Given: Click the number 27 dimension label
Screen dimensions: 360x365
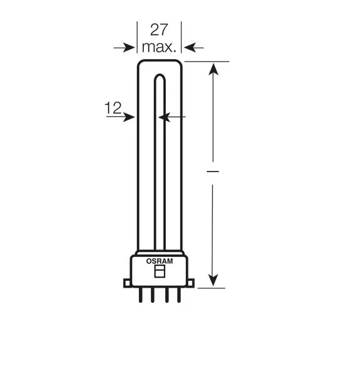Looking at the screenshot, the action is click(159, 30).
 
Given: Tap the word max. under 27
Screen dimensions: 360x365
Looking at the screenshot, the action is click(159, 47).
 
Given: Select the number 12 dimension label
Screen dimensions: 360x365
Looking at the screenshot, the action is click(113, 108).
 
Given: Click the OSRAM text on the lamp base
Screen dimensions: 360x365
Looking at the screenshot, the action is click(160, 261).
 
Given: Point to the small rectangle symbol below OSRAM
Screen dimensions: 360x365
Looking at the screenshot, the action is click(160, 271).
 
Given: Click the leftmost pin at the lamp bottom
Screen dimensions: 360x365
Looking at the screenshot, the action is click(140, 295).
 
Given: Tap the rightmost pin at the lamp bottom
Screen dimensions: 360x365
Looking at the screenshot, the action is click(179, 295).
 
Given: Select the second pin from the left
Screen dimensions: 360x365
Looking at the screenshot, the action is click(153, 295).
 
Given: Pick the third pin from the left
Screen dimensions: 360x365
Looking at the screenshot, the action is click(166, 295).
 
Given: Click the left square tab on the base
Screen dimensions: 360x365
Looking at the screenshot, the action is click(127, 283).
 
